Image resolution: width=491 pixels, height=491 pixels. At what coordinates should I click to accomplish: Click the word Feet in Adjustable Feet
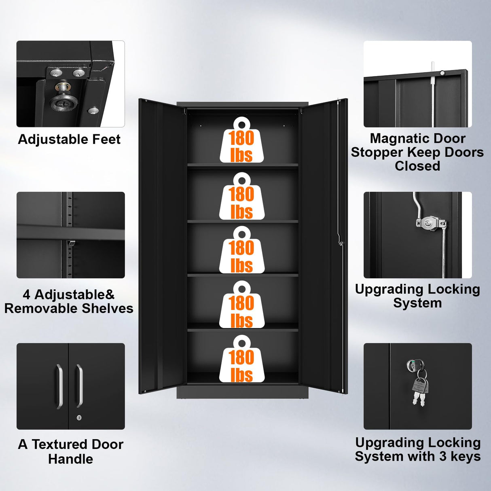click(x=106, y=140)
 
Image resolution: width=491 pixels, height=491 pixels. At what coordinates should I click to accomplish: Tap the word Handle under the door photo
click(x=70, y=459)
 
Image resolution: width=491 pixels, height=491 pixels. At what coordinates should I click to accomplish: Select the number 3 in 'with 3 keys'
click(x=443, y=457)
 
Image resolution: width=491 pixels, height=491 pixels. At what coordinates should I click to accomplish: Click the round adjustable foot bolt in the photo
click(x=63, y=100)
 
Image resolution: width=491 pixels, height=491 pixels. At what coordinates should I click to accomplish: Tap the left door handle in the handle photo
click(x=59, y=386)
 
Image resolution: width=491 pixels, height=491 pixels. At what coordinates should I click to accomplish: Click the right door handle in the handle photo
click(x=79, y=385)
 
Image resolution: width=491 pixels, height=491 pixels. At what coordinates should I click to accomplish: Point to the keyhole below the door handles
click(x=79, y=417)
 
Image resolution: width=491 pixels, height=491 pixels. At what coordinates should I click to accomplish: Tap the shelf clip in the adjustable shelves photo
click(x=71, y=243)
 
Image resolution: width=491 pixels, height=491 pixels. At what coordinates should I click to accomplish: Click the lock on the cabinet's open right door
click(x=341, y=243)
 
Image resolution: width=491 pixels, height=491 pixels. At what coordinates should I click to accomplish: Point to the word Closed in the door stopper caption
click(x=417, y=166)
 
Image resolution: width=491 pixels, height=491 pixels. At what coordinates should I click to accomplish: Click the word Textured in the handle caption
click(x=60, y=444)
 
